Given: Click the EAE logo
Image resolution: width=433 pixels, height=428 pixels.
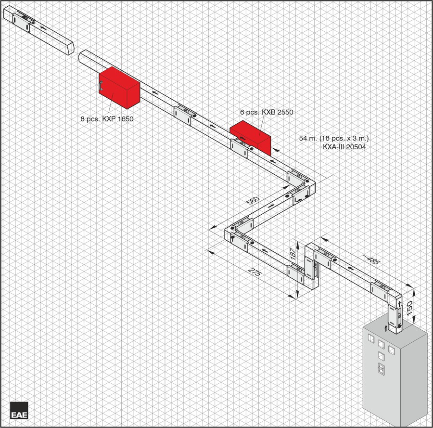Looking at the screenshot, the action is click(x=19, y=410).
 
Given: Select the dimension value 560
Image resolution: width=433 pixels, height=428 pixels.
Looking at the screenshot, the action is click(x=253, y=200).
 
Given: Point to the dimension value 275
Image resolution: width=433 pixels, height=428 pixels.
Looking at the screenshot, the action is click(x=255, y=272).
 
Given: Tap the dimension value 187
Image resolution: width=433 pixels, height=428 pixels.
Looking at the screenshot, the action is click(x=293, y=253).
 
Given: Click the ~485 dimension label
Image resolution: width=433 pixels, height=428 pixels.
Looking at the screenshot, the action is click(x=371, y=259).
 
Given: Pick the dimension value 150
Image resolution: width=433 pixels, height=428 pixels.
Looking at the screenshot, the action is click(x=409, y=308).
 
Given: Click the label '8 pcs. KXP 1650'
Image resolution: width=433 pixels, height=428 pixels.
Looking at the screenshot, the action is click(x=107, y=119).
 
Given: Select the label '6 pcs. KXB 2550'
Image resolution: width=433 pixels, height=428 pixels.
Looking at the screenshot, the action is click(x=267, y=112).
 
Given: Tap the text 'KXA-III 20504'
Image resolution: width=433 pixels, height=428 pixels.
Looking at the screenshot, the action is click(x=344, y=147).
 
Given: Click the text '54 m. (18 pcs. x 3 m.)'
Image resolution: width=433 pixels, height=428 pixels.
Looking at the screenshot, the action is click(x=334, y=139).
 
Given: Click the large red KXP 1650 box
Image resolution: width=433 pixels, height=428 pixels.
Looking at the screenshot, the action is click(x=120, y=88).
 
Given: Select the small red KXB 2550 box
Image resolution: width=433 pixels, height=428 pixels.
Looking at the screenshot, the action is click(x=251, y=137).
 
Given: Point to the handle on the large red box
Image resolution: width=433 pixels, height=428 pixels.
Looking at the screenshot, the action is click(x=102, y=86).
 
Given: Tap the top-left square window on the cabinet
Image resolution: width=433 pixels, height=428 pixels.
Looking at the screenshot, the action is click(x=371, y=338).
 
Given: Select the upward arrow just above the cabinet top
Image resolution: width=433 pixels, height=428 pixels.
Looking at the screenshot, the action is click(x=386, y=328).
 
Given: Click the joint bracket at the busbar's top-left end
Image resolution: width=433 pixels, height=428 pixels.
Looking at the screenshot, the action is click(x=21, y=23).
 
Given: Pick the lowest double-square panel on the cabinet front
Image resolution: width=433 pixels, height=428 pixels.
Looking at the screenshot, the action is click(x=381, y=369).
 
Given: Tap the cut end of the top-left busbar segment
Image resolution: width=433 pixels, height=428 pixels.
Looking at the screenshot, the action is click(x=72, y=48).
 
